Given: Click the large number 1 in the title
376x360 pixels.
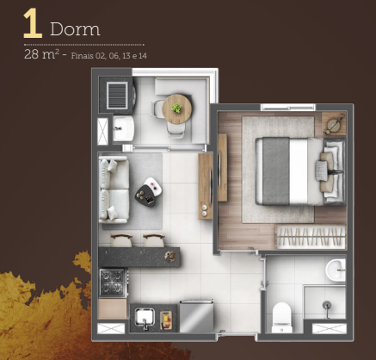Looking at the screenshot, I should (32, 25).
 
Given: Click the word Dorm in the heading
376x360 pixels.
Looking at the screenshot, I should (75, 29).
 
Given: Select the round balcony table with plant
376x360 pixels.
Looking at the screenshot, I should (178, 109).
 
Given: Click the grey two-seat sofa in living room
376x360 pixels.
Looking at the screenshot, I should (114, 187).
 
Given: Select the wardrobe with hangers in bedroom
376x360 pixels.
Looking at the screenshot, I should (309, 235).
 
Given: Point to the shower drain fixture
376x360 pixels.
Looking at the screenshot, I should (328, 306).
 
